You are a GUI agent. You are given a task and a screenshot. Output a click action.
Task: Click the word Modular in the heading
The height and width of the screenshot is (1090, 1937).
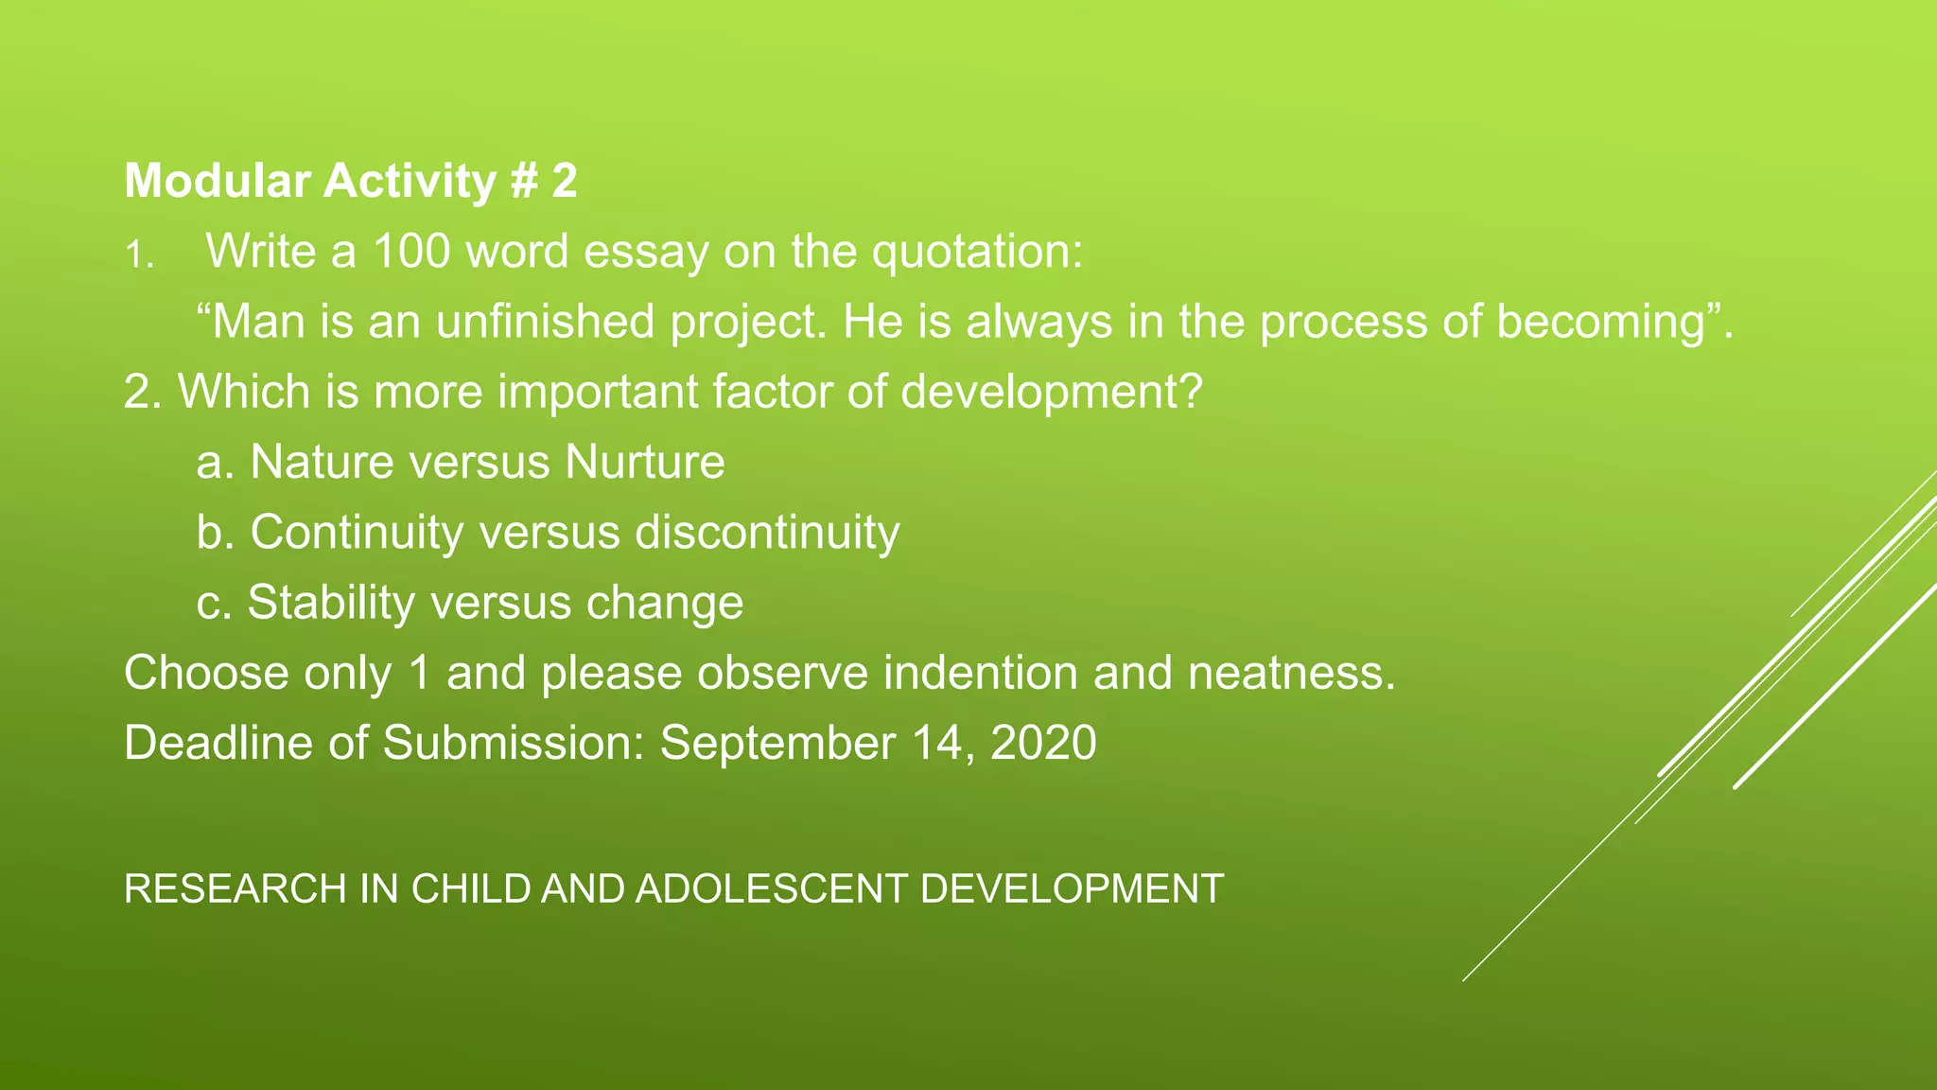(217, 181)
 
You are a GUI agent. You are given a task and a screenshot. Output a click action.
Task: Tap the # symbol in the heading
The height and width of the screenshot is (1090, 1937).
(524, 181)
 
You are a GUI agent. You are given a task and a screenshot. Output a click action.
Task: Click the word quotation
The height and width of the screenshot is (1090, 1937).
(976, 252)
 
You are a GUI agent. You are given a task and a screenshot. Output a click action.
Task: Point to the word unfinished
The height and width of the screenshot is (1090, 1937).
(545, 322)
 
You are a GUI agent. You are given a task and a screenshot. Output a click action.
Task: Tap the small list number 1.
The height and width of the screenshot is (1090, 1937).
(138, 255)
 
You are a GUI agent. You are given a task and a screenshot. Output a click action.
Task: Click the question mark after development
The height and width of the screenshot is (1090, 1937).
(1192, 392)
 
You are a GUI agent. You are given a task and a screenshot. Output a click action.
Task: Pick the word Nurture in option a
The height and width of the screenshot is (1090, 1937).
(645, 463)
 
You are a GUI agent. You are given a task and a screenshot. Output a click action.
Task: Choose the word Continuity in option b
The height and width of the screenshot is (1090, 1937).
(357, 533)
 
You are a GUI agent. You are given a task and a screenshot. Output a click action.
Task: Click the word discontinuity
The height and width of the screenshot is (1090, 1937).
(767, 533)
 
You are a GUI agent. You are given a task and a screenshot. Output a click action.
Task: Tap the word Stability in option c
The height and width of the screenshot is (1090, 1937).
(331, 603)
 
